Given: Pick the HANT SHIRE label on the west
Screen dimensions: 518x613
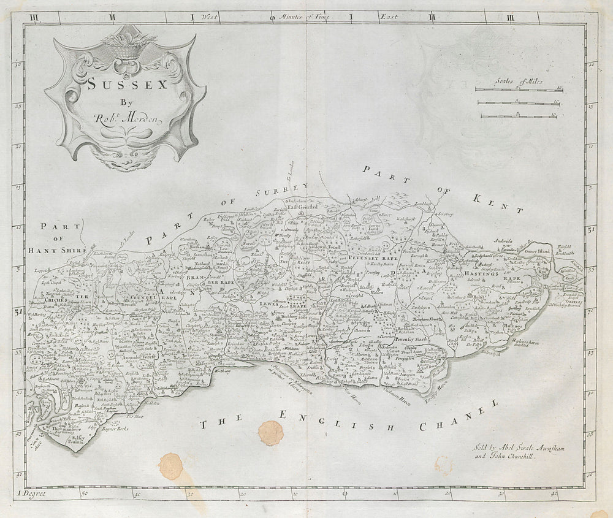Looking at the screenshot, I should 61,251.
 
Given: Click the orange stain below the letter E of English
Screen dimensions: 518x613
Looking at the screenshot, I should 270,433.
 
